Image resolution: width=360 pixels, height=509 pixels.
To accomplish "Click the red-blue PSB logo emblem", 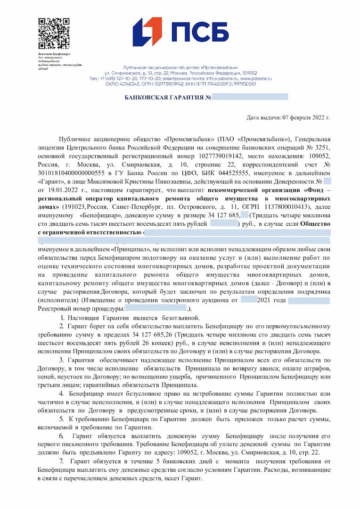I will coord(147,32).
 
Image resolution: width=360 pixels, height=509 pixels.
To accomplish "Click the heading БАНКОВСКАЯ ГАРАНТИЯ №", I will coord(167,97).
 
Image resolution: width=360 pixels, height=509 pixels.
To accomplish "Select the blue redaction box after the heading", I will coord(250,97).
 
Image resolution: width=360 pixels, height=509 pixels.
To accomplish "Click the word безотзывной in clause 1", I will coord(181,318).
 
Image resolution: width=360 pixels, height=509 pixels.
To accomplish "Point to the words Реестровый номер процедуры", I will coord(81,309).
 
